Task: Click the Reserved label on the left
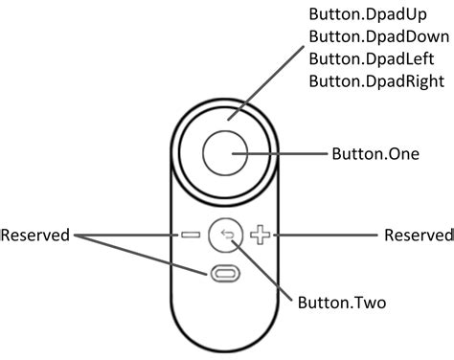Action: (35, 234)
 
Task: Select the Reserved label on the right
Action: (417, 234)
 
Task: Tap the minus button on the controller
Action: (189, 234)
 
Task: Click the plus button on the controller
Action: (261, 234)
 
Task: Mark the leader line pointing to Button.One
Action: (287, 153)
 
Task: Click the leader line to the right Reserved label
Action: (326, 234)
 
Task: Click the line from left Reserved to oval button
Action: (144, 254)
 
